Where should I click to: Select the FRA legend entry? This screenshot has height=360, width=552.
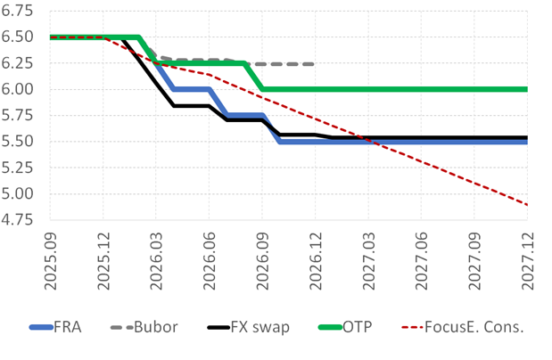pos(68,327)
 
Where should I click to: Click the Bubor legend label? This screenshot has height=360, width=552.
pos(158,327)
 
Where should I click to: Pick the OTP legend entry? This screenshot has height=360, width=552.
pos(357,327)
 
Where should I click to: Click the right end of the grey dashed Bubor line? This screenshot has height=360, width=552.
pos(314,64)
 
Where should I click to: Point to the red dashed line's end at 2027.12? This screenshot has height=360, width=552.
pos(526,205)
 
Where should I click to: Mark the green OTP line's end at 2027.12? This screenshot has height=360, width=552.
pos(526,89)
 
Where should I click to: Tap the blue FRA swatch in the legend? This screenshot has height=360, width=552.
pos(41,328)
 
